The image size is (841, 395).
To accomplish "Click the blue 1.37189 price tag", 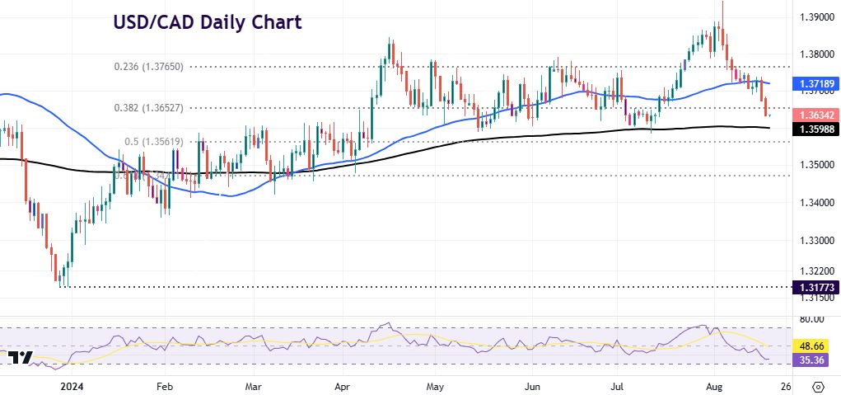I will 815,84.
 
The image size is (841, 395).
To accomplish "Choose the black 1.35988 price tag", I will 815,129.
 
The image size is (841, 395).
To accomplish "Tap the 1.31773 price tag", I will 815,287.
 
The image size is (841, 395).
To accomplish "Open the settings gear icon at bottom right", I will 819,385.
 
